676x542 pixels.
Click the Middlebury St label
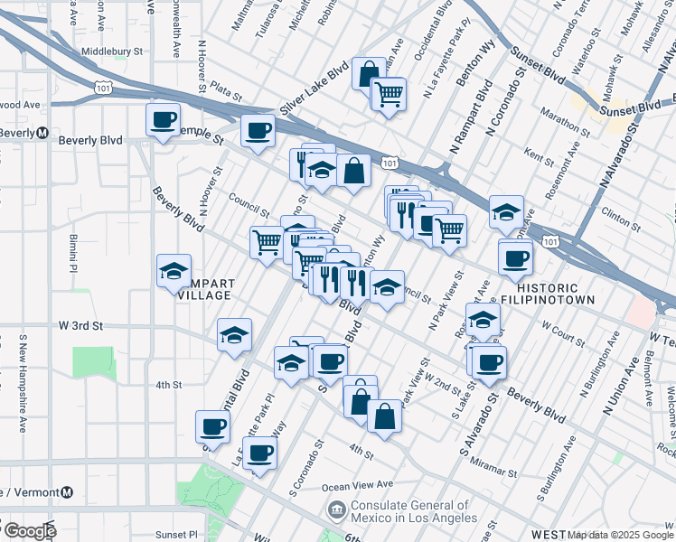(113, 52)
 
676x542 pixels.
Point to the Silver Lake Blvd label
(314, 89)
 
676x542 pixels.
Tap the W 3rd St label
(81, 325)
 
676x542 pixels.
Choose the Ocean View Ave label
(360, 485)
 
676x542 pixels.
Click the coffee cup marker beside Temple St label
(257, 130)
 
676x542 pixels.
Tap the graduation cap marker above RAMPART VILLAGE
(174, 271)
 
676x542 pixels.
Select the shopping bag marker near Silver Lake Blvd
(369, 73)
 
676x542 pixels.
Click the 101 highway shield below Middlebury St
(101, 84)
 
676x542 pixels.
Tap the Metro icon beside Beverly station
(42, 133)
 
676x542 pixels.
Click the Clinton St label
(621, 218)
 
